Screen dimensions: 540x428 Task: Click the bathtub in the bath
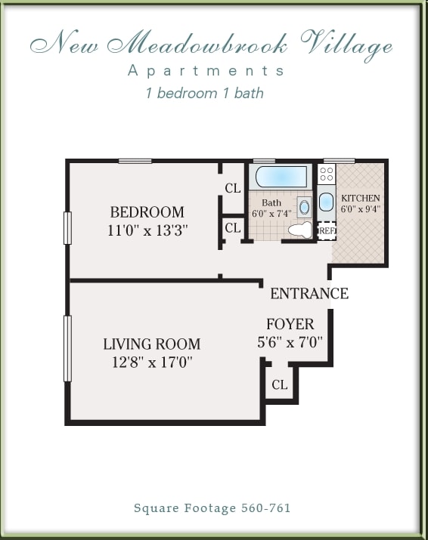[x=281, y=177]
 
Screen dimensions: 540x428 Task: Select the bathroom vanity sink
[x=304, y=205]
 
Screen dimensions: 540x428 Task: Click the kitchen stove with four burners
[x=327, y=175]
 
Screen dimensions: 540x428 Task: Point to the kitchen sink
[x=326, y=202]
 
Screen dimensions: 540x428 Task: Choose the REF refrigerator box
[x=327, y=230]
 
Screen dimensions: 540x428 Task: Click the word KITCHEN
[x=360, y=198]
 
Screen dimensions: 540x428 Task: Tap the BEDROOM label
[x=147, y=212]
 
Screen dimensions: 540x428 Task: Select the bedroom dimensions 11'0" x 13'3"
[x=147, y=230]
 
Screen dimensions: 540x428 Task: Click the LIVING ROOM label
[x=151, y=344]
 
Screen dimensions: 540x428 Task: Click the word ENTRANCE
[x=309, y=294]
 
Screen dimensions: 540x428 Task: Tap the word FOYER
[x=290, y=325]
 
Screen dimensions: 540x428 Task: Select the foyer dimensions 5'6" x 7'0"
[x=290, y=342]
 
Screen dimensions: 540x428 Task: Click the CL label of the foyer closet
[x=279, y=385]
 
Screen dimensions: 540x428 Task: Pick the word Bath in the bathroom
[x=271, y=202]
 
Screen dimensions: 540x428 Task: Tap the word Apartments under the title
[x=206, y=71]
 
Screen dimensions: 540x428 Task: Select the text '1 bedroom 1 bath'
[x=204, y=94]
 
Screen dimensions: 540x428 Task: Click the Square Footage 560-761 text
[x=212, y=508]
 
